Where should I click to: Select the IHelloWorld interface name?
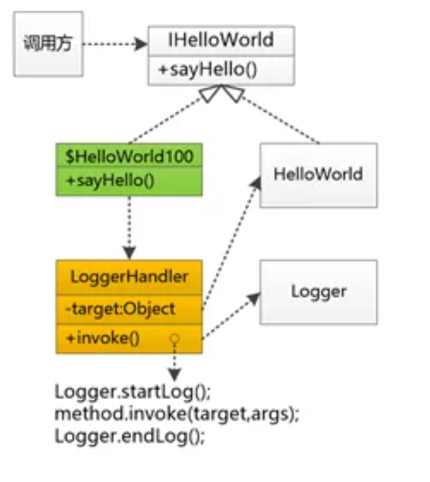[x=221, y=41]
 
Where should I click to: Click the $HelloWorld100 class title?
[x=129, y=157]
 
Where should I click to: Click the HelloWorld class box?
[x=318, y=175]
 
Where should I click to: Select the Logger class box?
[x=318, y=292]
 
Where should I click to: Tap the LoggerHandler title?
[x=129, y=276]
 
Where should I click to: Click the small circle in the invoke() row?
[x=174, y=338]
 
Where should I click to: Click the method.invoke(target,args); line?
[x=176, y=414]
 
